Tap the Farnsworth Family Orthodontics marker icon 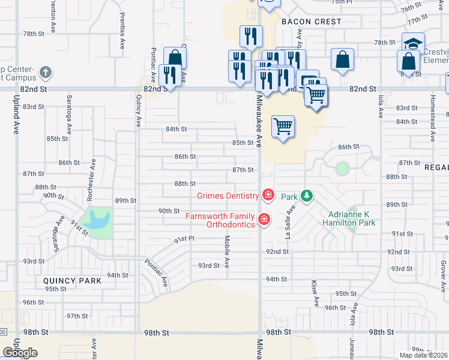coord(263,220)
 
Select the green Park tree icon coord(306,196)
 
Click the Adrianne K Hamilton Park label coord(352,218)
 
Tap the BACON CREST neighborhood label coord(312,22)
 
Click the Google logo coord(20,352)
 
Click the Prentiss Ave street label coord(122,31)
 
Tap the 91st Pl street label coord(184,239)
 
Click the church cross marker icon coord(46,74)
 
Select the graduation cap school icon coord(413,44)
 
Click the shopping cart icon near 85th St coord(283,126)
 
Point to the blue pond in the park coord(95,219)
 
